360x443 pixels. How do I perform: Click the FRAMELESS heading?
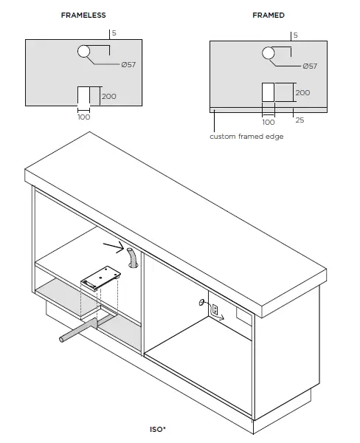[83, 15]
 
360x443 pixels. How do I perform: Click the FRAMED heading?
[268, 15]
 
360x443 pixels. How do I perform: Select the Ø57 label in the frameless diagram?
[128, 65]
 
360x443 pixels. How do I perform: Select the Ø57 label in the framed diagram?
[309, 66]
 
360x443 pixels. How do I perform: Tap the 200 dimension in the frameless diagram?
[108, 97]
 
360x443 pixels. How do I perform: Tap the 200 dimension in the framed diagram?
[302, 93]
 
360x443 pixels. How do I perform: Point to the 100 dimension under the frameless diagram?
[83, 117]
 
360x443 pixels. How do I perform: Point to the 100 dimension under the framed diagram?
[269, 122]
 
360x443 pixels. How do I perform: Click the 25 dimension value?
[300, 120]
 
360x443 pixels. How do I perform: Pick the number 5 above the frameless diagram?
[114, 33]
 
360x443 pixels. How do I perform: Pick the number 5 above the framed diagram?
[296, 35]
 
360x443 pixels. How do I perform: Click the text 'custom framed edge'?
[246, 137]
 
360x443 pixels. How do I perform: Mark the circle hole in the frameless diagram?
[84, 51]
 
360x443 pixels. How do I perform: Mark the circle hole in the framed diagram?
[268, 52]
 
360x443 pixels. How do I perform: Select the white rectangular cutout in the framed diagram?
[269, 92]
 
